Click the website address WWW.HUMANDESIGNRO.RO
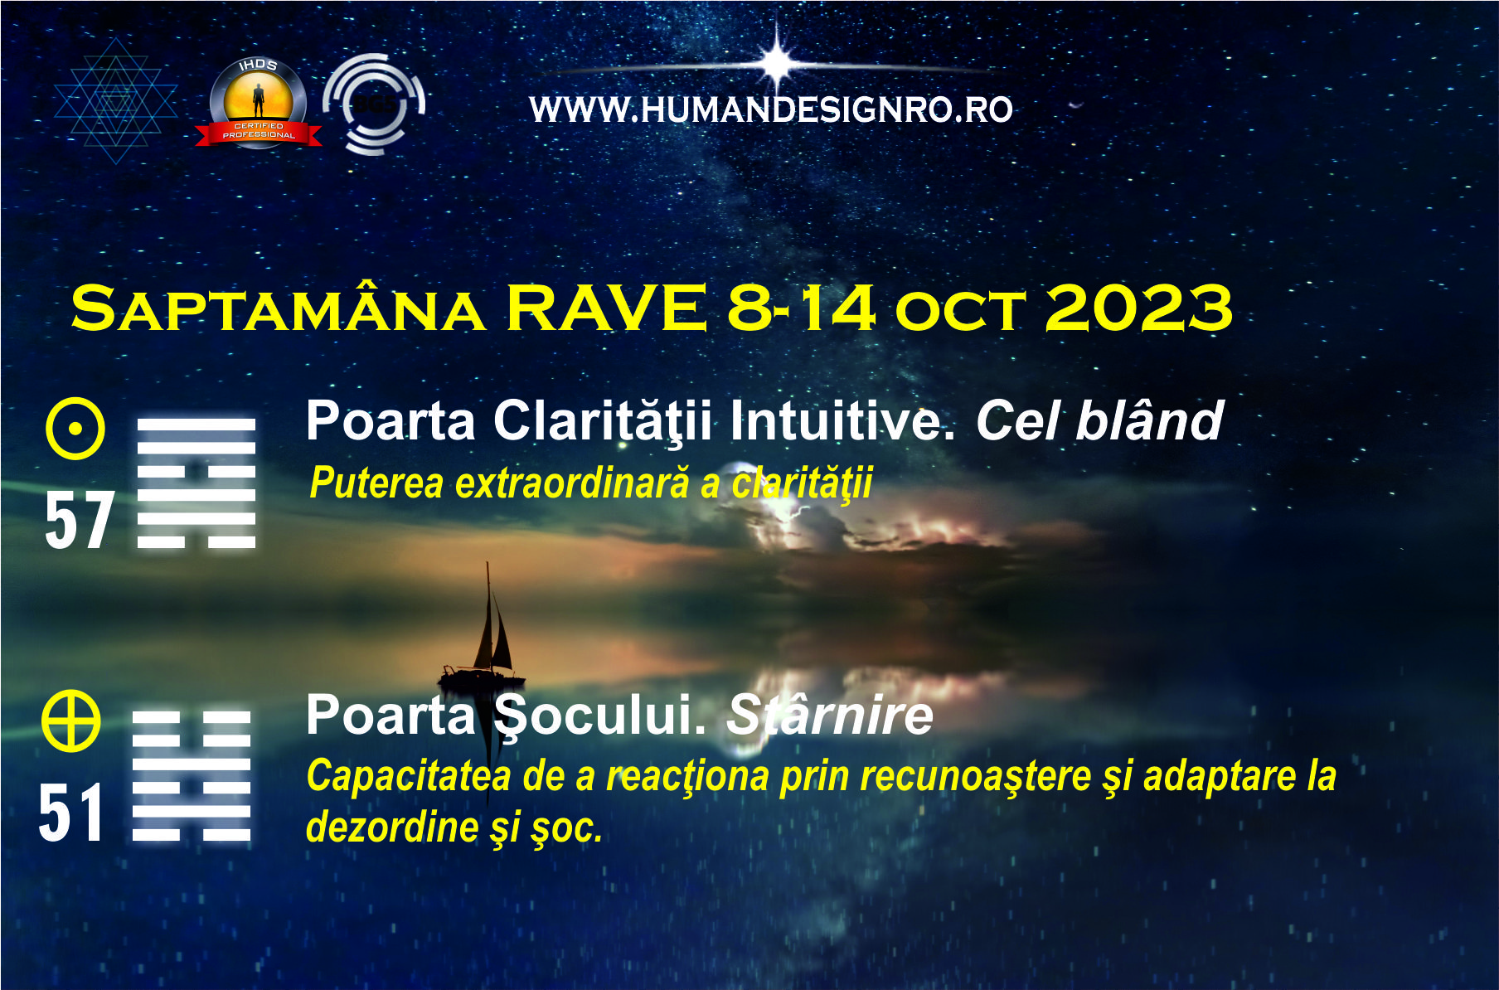point(771,109)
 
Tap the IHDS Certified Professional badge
point(259,103)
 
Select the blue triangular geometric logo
point(116,100)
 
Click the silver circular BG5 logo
point(374,104)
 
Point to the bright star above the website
point(777,61)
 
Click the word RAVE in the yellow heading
point(606,308)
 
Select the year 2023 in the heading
point(1139,308)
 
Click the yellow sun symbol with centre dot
point(75,429)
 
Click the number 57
point(79,520)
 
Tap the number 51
point(70,813)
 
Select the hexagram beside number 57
point(196,483)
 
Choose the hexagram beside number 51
point(192,775)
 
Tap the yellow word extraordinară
point(572,483)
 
